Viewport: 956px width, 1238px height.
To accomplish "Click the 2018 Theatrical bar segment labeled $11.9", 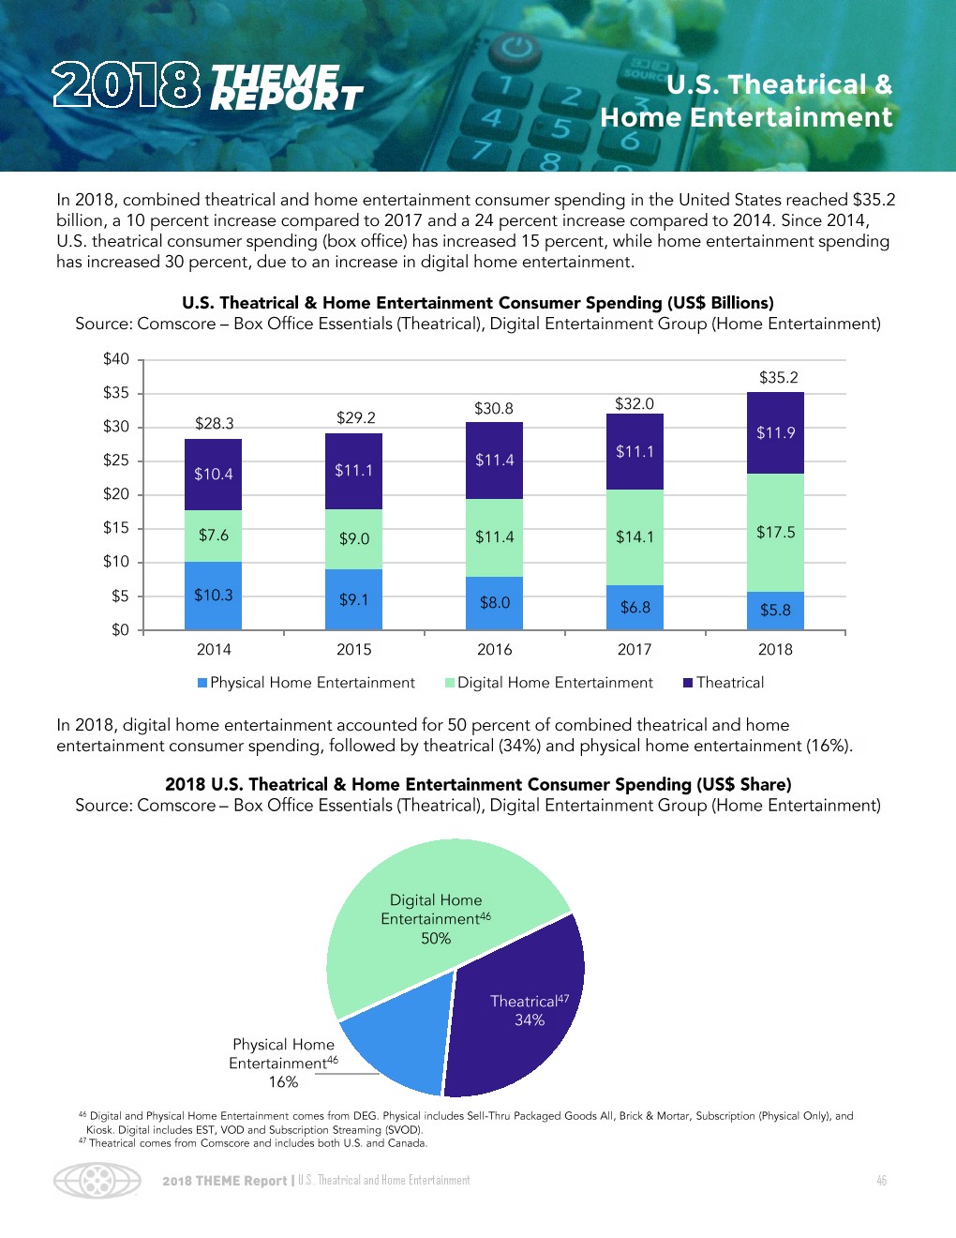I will pos(775,433).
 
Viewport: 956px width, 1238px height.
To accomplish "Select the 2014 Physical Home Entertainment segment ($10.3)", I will pos(213,596).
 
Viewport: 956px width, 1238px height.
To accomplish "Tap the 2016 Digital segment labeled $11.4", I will pos(494,537).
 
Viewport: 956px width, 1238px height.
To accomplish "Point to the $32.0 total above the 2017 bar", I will pos(635,404).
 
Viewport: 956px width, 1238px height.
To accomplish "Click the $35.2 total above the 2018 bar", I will pos(778,378).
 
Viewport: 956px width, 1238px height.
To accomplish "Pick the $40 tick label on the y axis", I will pos(116,359).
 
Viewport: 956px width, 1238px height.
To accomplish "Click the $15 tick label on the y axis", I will pos(116,528).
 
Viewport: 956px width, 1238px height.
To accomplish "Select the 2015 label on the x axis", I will pos(353,650).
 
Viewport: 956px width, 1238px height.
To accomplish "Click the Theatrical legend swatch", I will pos(688,683).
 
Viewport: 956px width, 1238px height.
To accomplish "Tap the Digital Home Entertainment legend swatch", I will pos(450,683).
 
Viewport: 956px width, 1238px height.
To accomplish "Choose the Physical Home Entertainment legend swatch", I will pos(202,683).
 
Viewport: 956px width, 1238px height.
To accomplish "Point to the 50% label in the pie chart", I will pos(436,939).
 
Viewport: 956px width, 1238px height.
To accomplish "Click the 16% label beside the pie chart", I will pos(283,1082).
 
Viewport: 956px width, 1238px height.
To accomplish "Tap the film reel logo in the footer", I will pos(97,1181).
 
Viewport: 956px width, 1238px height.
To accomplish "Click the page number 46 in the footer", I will pos(881,1181).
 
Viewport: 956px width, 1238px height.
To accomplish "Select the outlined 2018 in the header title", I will pos(127,85).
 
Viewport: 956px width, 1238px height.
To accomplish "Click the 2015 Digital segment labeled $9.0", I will pos(353,539).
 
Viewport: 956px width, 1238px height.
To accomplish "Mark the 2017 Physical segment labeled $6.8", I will pos(635,608).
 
